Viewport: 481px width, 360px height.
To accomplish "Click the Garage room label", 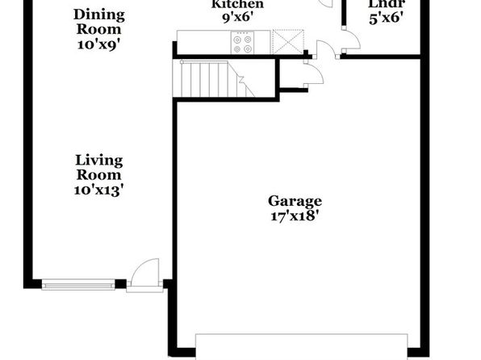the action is coord(295,202).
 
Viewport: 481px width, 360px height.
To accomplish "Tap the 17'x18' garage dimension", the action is coord(293,216).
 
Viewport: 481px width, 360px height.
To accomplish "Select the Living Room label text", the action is coord(98,168).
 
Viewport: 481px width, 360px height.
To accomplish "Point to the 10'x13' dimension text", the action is coord(98,190).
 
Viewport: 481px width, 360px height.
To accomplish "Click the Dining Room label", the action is coord(98,22).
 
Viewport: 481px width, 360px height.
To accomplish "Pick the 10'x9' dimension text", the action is coord(98,45).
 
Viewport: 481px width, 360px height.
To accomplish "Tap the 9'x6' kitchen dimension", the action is coord(237,18).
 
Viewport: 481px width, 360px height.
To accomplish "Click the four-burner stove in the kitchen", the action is coord(242,44).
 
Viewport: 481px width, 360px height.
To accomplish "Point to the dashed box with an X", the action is coord(287,41).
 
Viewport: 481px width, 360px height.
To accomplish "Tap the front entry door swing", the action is coord(144,272).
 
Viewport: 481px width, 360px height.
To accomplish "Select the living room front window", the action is coord(78,284).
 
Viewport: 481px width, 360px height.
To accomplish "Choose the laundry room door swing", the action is coord(351,39).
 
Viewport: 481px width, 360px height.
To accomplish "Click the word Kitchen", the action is coord(238,4).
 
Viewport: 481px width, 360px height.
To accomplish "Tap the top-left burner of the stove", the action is coord(236,40).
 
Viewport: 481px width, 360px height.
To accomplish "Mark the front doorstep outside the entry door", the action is coord(144,289).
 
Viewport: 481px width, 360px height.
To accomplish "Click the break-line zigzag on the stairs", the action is coord(241,81).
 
